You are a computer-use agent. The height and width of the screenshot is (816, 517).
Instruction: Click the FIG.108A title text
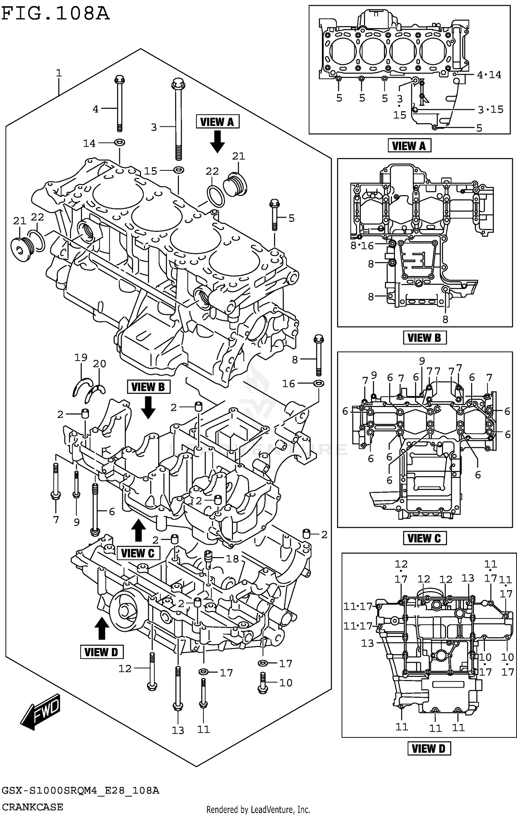coord(55,14)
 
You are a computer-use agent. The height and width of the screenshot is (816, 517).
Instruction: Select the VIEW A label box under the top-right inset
coord(409,146)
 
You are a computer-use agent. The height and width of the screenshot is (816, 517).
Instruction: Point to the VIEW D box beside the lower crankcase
coord(101,652)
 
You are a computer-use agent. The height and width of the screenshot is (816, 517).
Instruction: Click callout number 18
coord(232,558)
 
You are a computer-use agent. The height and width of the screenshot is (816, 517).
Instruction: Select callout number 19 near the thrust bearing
coord(81,357)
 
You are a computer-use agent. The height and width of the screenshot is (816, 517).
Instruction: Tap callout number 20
coord(100,364)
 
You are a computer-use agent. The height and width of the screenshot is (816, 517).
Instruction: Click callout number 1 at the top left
coord(59,73)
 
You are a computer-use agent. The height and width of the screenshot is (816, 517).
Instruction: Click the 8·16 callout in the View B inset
coord(362,245)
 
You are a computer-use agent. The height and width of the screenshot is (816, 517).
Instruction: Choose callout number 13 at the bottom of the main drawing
coord(178,730)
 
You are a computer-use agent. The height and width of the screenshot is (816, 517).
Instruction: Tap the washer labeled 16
coord(319,383)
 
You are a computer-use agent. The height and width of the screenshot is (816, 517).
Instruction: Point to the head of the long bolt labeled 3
coord(178,84)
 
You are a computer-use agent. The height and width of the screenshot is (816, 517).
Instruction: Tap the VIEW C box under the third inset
coord(424,538)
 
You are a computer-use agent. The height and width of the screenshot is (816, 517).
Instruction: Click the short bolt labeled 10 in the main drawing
coord(263,682)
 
